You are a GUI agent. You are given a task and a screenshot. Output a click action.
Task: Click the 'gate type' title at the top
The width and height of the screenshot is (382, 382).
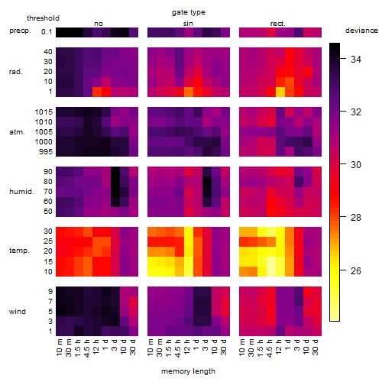(x=189, y=12)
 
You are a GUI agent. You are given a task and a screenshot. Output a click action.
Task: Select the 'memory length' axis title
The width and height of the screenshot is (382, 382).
(x=188, y=371)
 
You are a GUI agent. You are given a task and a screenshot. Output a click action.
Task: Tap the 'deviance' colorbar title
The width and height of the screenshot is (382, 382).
(x=361, y=31)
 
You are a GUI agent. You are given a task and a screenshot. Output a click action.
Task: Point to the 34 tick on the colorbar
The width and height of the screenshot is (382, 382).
(x=356, y=59)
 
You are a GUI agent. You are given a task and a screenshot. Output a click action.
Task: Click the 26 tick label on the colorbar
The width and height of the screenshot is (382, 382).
(x=356, y=270)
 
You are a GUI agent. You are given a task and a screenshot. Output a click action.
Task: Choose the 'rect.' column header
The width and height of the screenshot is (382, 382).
(x=278, y=24)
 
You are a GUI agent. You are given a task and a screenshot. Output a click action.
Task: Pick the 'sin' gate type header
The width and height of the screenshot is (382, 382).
(x=188, y=24)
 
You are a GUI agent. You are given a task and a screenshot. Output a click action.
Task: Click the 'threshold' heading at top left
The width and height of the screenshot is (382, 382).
(x=43, y=18)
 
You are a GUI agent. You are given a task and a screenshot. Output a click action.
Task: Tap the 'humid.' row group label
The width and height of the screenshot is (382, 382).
(x=21, y=191)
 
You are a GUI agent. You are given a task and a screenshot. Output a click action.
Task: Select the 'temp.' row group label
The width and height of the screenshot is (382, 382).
(x=19, y=251)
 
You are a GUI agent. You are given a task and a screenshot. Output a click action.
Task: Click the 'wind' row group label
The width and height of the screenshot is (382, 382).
(x=18, y=312)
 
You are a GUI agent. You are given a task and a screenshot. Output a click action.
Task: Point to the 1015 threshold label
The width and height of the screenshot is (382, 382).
(x=44, y=112)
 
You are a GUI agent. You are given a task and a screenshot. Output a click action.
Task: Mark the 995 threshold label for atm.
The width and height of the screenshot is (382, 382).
(x=46, y=151)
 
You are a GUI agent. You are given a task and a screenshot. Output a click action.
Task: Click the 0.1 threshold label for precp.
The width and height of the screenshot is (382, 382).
(x=47, y=32)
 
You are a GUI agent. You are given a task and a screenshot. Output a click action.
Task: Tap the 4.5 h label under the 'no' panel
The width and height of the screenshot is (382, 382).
(x=87, y=348)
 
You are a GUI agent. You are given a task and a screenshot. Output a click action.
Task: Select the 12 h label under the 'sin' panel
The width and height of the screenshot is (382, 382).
(x=187, y=347)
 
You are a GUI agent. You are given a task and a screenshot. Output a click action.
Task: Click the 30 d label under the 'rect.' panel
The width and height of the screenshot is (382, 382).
(x=316, y=347)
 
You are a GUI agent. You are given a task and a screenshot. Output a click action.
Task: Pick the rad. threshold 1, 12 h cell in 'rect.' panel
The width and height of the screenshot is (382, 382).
(x=280, y=92)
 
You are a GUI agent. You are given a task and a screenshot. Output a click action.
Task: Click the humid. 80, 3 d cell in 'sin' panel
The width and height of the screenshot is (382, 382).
(x=207, y=181)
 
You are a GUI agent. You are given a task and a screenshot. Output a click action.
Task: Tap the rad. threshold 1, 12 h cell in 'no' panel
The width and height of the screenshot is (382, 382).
(x=97, y=92)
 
